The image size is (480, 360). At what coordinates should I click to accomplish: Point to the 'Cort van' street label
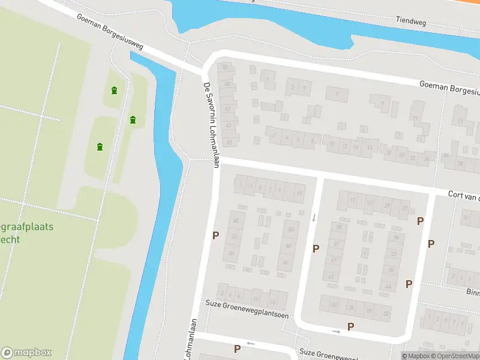point(463,195)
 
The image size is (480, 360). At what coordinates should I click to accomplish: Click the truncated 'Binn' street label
point(473,292)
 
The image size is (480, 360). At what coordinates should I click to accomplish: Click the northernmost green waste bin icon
point(114,91)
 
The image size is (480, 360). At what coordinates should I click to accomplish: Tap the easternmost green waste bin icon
point(133,120)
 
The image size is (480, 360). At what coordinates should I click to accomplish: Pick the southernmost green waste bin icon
point(100,146)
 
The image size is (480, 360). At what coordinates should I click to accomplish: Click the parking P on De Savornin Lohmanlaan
point(215,236)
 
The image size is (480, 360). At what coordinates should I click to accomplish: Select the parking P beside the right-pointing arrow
point(351,326)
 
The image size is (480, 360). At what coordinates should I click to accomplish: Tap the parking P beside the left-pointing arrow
point(237,349)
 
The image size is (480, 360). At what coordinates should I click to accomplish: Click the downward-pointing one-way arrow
point(313,217)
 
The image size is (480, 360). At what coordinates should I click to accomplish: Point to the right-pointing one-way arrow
point(336,331)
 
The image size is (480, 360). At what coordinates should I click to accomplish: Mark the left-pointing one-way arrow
point(251,344)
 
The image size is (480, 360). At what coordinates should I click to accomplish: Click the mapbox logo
point(26,353)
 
